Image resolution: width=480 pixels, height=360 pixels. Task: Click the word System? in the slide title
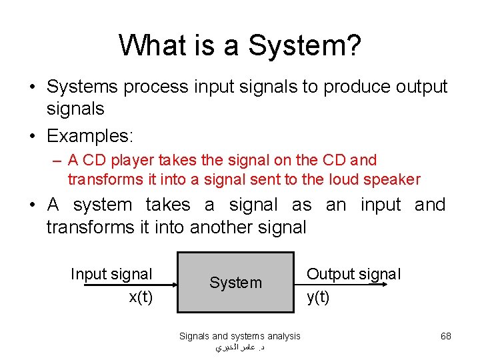tap(305, 45)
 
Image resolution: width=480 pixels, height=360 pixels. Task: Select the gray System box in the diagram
tap(235, 282)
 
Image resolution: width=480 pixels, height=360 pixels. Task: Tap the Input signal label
tap(111, 274)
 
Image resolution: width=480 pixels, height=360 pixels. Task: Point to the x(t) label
tap(140, 297)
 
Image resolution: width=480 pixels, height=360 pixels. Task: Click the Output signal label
tap(353, 274)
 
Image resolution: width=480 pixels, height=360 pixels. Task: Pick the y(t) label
tap(318, 297)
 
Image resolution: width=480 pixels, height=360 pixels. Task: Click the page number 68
tap(446, 336)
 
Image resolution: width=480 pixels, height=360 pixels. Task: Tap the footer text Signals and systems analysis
tap(239, 336)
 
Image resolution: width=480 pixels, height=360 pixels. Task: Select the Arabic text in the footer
tap(240, 348)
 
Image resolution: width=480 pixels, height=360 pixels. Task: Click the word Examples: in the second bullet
tap(90, 137)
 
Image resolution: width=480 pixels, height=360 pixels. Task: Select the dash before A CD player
tap(58, 161)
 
